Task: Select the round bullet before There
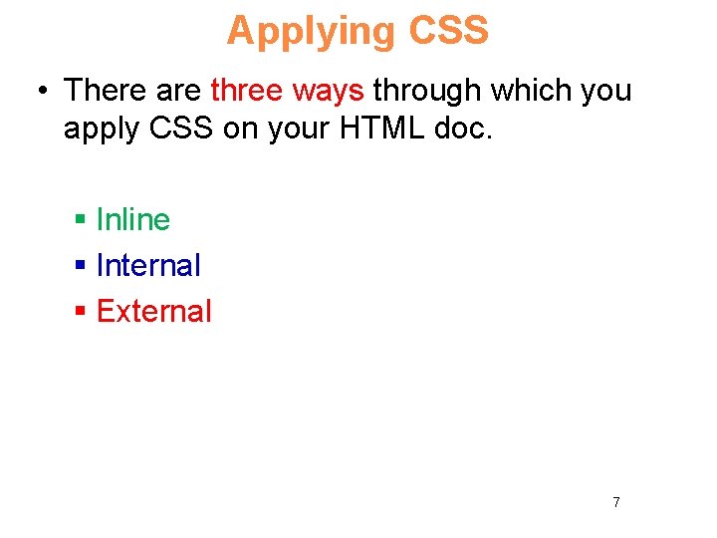pyautogui.click(x=42, y=92)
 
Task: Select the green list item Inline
pyautogui.click(x=133, y=219)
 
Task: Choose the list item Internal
pyautogui.click(x=148, y=265)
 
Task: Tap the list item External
pyautogui.click(x=154, y=311)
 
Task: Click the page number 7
pyautogui.click(x=615, y=502)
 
